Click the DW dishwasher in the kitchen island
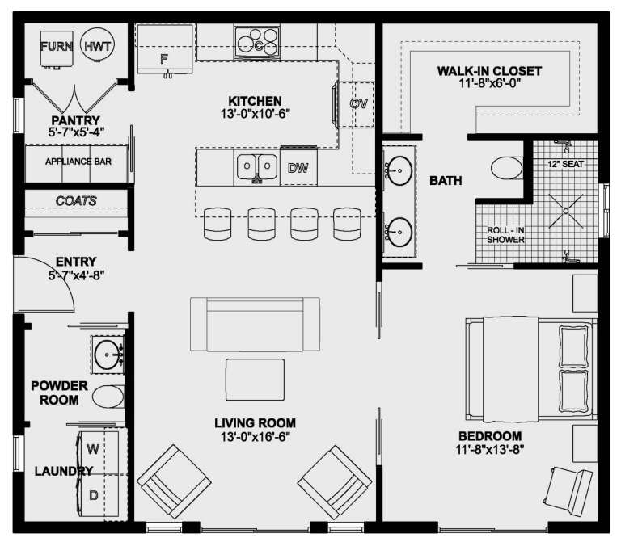pos(298,168)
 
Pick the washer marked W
pos(93,448)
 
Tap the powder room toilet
pos(106,397)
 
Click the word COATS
pos(76,200)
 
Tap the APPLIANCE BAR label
pos(78,162)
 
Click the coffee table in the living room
pos(255,380)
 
